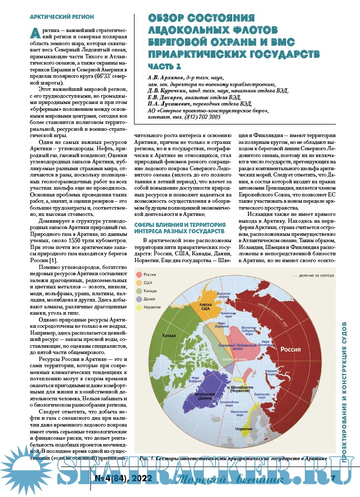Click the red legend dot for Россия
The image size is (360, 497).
pos(139,274)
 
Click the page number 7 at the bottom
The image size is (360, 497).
pos(333,478)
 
